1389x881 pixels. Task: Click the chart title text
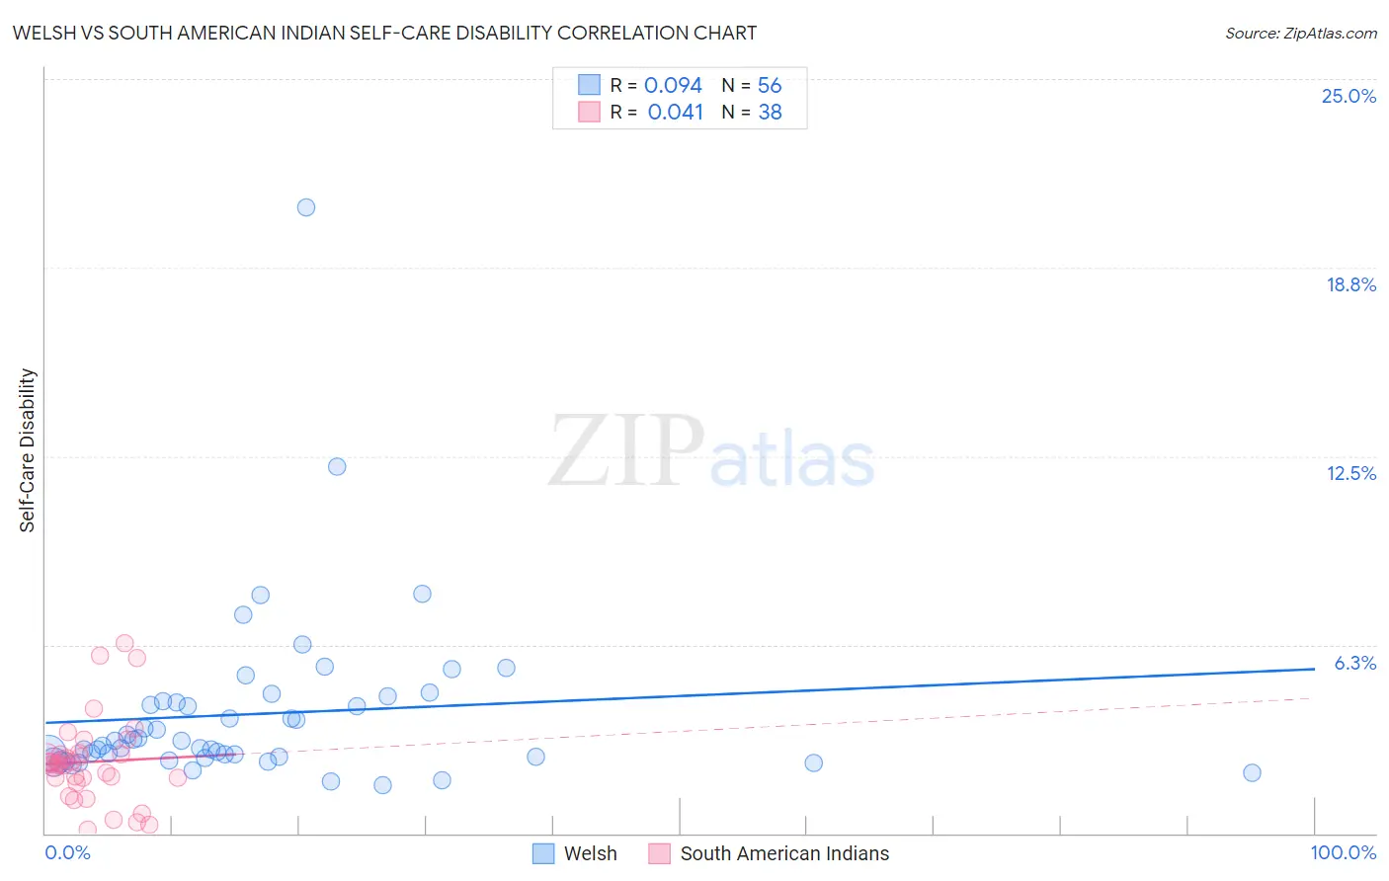pyautogui.click(x=384, y=33)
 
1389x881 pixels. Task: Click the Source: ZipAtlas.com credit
pyautogui.click(x=1300, y=33)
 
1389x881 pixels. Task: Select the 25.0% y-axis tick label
pyautogui.click(x=1348, y=96)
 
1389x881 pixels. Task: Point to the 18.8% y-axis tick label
pyautogui.click(x=1350, y=284)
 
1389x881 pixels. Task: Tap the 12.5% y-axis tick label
pyautogui.click(x=1350, y=473)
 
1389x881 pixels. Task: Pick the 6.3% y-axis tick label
pyautogui.click(x=1354, y=663)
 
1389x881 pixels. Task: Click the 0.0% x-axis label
pyautogui.click(x=67, y=852)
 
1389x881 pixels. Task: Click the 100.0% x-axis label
pyautogui.click(x=1343, y=852)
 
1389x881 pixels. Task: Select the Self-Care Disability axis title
pyautogui.click(x=28, y=450)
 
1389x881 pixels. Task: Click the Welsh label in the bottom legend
pyautogui.click(x=590, y=853)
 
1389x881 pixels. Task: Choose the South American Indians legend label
pyautogui.click(x=784, y=853)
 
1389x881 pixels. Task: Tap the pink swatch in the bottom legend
pyautogui.click(x=659, y=853)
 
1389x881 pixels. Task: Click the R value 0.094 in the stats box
pyautogui.click(x=673, y=86)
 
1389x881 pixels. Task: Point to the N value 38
pyautogui.click(x=770, y=113)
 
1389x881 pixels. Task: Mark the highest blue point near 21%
pyautogui.click(x=306, y=207)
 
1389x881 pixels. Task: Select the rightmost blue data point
pyautogui.click(x=1252, y=772)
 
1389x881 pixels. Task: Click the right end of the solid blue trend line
pyautogui.click(x=1314, y=669)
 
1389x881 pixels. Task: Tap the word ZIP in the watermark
pyautogui.click(x=626, y=450)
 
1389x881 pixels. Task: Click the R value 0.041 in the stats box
pyautogui.click(x=675, y=113)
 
